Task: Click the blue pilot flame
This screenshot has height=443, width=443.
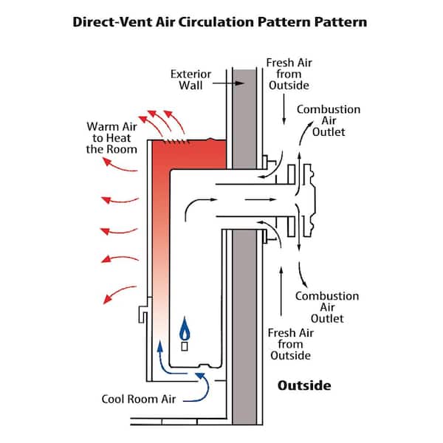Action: (x=185, y=327)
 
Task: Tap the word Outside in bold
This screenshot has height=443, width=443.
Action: (x=303, y=385)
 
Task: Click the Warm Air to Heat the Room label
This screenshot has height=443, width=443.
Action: (x=111, y=137)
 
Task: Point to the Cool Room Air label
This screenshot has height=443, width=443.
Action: (x=138, y=399)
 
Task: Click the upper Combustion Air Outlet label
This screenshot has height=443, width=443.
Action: (x=329, y=120)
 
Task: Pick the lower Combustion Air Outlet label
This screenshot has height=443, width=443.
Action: (x=327, y=307)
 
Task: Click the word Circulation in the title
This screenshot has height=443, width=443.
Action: (x=215, y=21)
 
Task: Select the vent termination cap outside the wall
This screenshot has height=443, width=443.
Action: (x=310, y=199)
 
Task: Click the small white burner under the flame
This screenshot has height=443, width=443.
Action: (x=185, y=343)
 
